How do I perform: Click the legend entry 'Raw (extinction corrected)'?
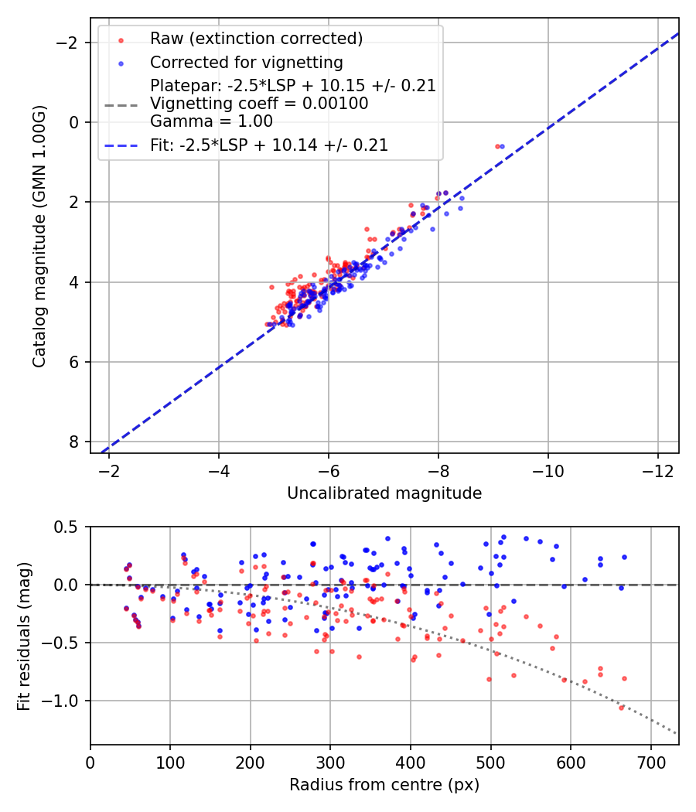pyautogui.click(x=256, y=39)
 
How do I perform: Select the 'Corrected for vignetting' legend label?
pyautogui.click(x=246, y=62)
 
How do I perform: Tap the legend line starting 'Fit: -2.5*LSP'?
pyautogui.click(x=269, y=145)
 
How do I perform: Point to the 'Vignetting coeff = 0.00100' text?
pyautogui.click(x=258, y=103)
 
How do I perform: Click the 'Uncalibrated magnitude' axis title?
pyautogui.click(x=384, y=493)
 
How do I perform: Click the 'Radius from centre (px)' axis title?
pyautogui.click(x=384, y=785)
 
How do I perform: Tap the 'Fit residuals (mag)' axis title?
pyautogui.click(x=24, y=635)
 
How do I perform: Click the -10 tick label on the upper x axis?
pyautogui.click(x=548, y=471)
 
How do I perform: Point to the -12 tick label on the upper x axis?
pyautogui.click(x=658, y=471)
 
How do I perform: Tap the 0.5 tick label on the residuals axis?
pyautogui.click(x=70, y=527)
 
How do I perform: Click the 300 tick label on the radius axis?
pyautogui.click(x=330, y=763)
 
